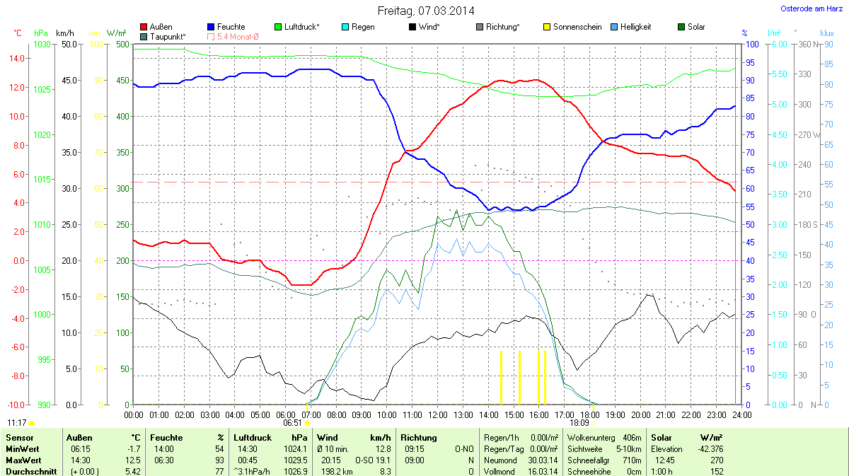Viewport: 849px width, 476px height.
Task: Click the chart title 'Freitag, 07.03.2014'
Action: click(424, 11)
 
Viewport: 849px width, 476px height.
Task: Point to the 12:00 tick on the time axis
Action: click(438, 414)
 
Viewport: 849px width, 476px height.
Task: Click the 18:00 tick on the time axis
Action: click(590, 414)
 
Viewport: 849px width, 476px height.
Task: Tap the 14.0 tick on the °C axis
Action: click(16, 59)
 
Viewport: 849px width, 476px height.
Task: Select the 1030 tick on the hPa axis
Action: click(42, 44)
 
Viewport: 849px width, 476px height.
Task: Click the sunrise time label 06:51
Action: click(293, 422)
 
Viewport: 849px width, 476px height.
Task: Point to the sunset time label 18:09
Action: click(579, 422)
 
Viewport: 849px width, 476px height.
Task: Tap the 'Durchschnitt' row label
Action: click(31, 471)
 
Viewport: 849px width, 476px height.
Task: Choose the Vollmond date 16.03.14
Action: click(541, 471)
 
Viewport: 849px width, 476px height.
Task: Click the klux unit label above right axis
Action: click(826, 33)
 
